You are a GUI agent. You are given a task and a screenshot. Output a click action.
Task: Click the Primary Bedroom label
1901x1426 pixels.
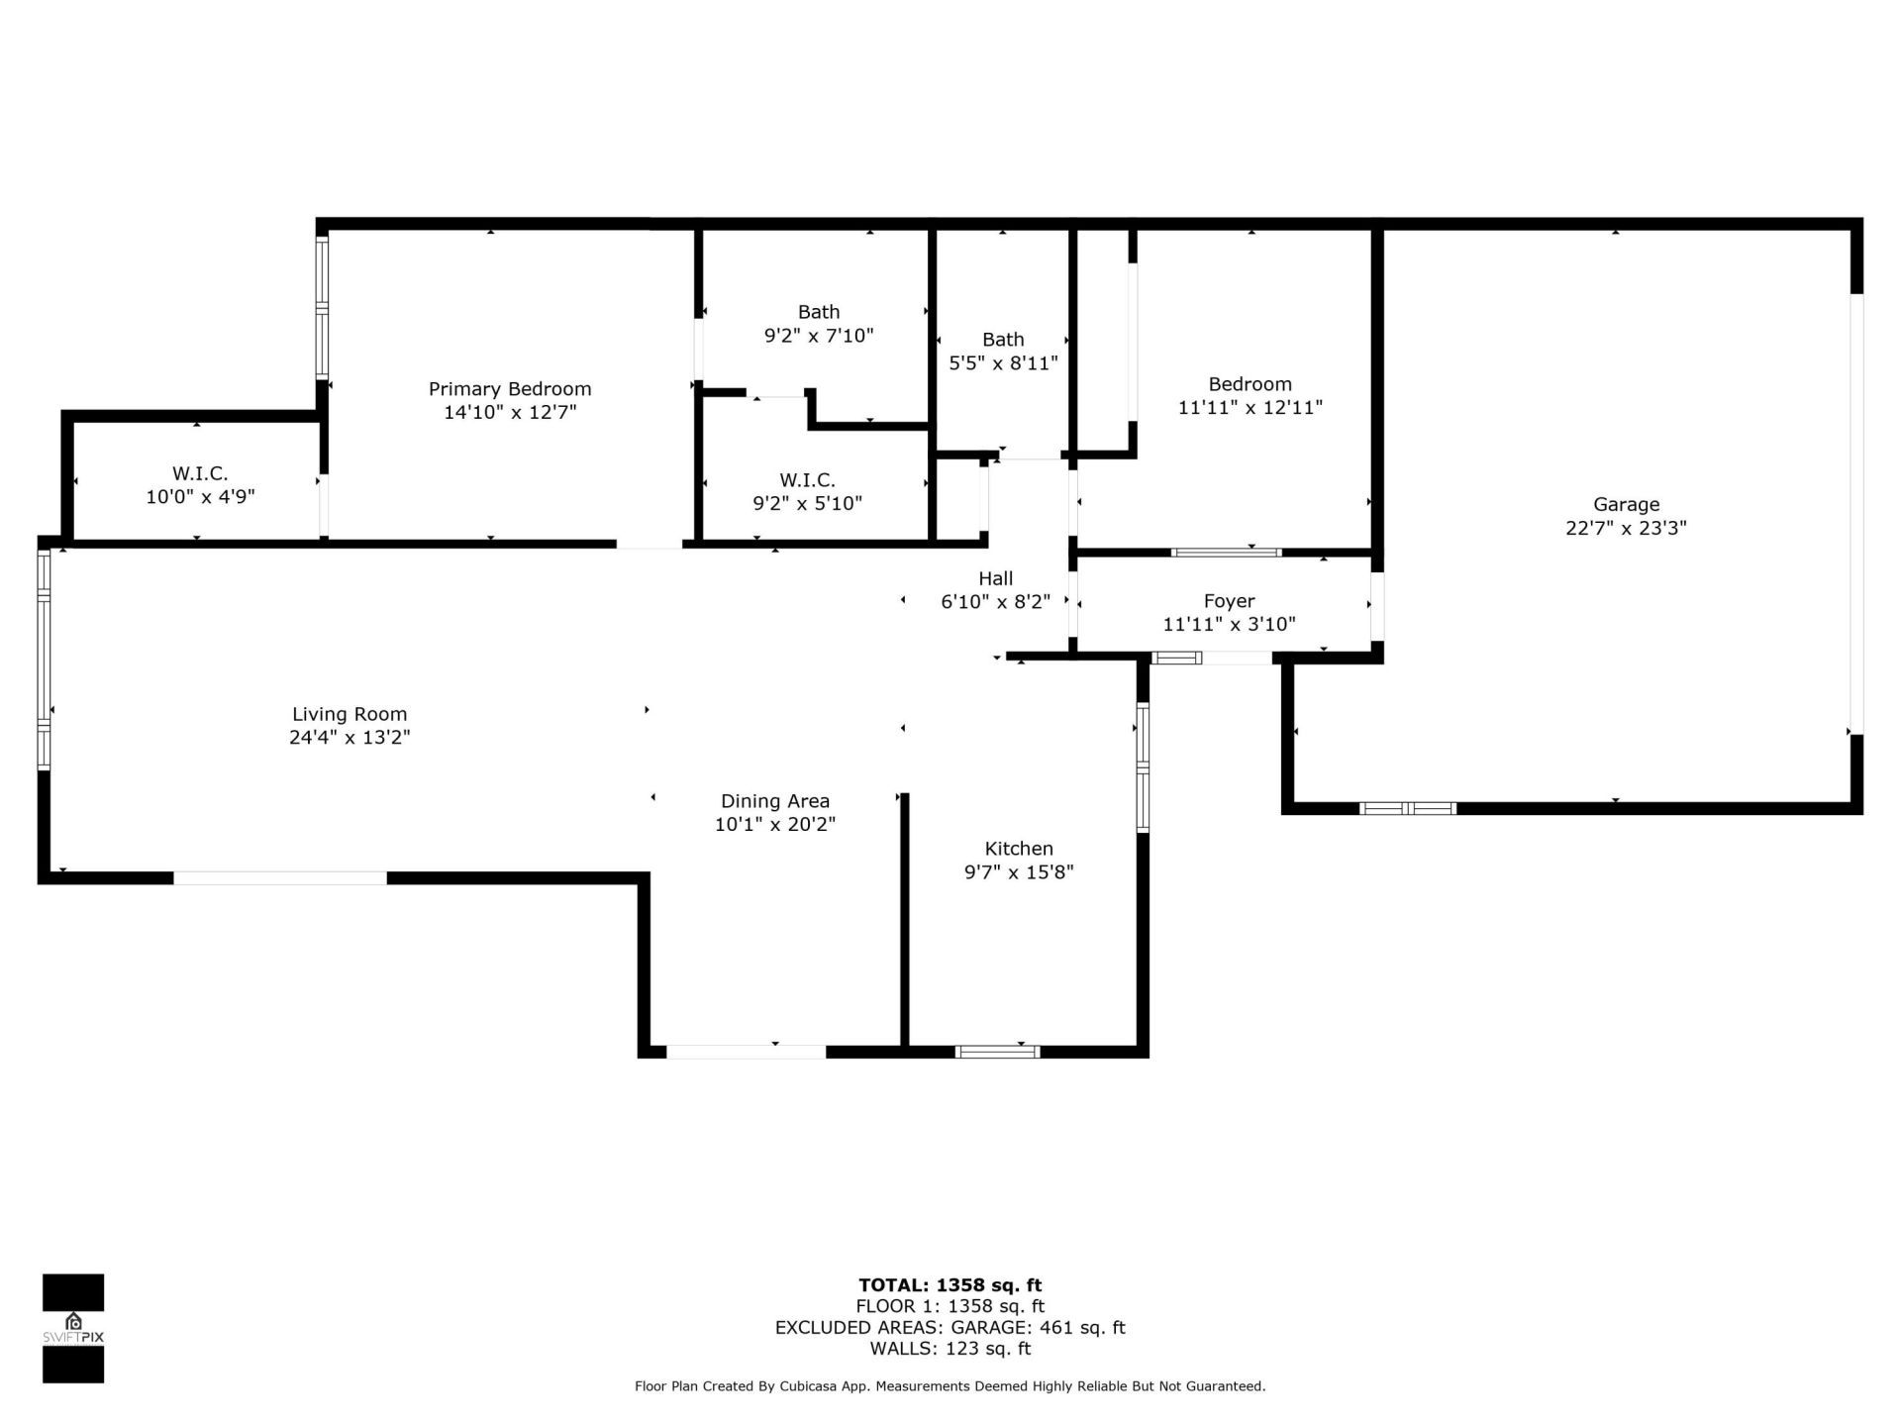point(510,389)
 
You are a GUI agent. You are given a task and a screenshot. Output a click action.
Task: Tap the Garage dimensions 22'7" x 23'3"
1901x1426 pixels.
point(1626,528)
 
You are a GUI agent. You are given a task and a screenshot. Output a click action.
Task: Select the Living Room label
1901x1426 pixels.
point(350,714)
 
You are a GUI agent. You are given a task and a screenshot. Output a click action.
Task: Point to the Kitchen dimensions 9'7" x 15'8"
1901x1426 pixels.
point(1019,872)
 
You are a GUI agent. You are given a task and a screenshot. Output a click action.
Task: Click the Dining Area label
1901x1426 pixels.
point(775,801)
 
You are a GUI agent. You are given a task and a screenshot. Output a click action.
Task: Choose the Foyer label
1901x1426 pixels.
point(1229,601)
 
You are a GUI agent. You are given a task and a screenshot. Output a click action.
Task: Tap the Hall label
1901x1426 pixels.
point(995,578)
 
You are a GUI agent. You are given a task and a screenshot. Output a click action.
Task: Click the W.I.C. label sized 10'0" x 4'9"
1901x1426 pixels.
point(200,474)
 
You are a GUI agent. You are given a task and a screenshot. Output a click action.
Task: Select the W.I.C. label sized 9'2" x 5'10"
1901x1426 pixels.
point(807,480)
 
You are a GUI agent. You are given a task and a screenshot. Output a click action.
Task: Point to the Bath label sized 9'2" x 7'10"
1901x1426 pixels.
point(819,312)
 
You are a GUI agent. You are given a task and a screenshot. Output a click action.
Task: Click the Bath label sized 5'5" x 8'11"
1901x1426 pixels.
point(1003,340)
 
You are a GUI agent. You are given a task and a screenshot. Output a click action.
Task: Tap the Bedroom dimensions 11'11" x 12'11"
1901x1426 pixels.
point(1251,407)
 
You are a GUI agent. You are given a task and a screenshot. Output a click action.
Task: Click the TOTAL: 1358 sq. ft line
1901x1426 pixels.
point(950,1285)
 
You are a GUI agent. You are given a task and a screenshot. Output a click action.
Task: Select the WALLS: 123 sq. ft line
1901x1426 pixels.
point(950,1349)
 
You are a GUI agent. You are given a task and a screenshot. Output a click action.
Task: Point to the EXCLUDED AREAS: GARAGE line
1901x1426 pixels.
point(950,1328)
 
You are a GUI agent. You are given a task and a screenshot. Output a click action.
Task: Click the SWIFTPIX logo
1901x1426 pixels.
point(73,1328)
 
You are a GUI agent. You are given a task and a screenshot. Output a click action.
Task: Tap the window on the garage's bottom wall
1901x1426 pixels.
point(1407,809)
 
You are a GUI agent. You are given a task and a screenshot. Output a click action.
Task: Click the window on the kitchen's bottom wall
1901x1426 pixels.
point(997,1052)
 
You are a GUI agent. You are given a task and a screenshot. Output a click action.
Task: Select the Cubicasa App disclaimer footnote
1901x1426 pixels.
point(950,1386)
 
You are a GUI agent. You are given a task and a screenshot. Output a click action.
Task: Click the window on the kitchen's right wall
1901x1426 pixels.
point(1143,767)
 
